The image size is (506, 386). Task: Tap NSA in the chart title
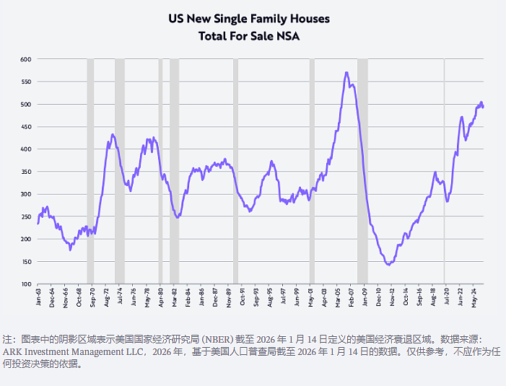(288, 36)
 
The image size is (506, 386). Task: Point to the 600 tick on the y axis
(26, 59)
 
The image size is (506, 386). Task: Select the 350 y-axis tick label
(26, 172)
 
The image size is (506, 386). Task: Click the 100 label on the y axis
(26, 284)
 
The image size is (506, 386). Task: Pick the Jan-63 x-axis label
(39, 297)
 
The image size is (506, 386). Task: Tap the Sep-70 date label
(93, 297)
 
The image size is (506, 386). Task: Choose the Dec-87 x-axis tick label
(215, 297)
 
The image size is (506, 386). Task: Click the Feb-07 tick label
(351, 297)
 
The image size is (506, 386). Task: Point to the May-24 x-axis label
(474, 298)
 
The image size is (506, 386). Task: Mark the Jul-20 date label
(447, 297)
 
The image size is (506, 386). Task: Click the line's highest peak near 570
(346, 73)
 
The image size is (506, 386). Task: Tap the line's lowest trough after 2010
(389, 264)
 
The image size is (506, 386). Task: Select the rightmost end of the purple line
(483, 107)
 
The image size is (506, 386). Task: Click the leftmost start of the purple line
(38, 224)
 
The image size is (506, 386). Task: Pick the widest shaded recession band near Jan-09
(362, 171)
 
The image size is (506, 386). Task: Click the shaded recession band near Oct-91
(235, 171)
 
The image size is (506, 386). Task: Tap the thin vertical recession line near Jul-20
(445, 171)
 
